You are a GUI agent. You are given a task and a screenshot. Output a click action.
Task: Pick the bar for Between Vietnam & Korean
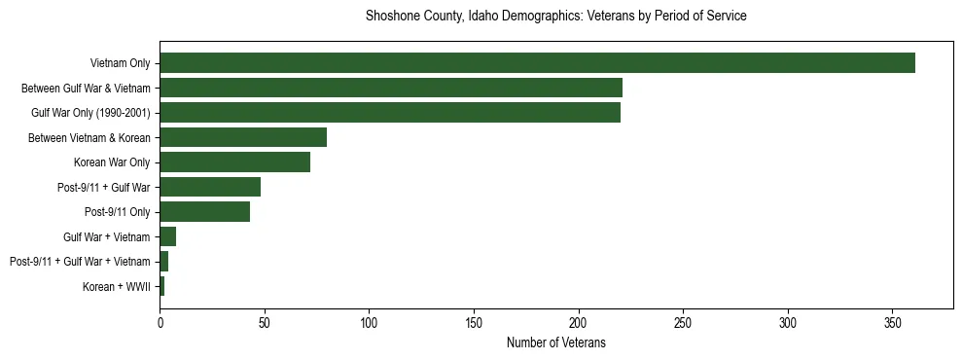tap(243, 137)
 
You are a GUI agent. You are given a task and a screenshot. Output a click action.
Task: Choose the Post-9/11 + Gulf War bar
tap(210, 187)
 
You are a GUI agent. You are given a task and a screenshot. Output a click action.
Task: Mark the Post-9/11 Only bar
tap(204, 212)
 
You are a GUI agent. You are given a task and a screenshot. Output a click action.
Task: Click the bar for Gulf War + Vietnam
tap(167, 236)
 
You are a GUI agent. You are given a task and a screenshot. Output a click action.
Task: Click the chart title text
tap(555, 17)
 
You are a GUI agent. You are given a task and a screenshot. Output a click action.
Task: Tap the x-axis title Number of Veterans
tap(555, 342)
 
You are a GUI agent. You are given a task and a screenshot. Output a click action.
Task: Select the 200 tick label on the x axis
tap(578, 322)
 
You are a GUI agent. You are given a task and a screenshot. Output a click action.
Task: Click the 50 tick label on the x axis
tap(265, 322)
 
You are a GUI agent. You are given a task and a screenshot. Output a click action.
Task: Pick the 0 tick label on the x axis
tap(160, 322)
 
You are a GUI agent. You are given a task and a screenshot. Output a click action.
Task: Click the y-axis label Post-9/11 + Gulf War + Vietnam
tap(80, 262)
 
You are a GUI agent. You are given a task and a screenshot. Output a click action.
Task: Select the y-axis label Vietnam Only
tap(120, 63)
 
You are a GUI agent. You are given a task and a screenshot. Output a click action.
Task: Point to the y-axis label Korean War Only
tap(112, 162)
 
